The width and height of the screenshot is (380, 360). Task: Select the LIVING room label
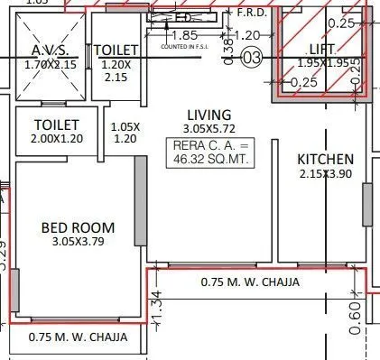pos(209,115)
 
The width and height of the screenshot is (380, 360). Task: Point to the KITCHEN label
pos(326,160)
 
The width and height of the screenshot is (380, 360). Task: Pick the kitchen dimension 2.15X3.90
pos(326,173)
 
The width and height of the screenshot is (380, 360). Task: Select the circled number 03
pos(252,58)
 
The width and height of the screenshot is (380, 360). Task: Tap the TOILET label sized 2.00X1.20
pos(56,125)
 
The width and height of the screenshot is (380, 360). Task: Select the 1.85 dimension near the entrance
pos(184,35)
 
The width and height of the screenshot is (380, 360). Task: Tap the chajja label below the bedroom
pos(78,337)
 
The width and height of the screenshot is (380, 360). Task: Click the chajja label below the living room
pos(249,282)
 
